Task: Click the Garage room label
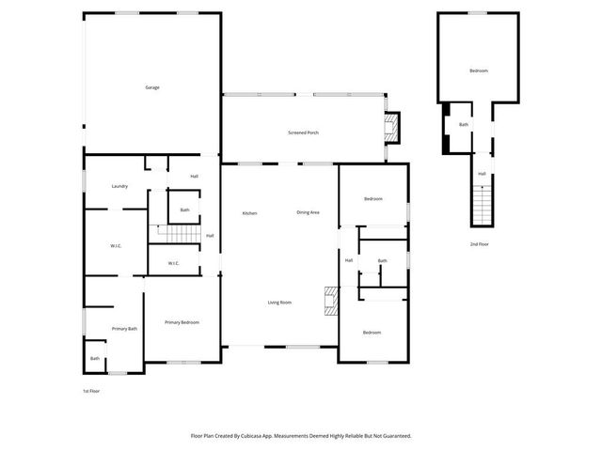(x=152, y=87)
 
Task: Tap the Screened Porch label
(x=303, y=132)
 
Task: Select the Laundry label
(x=119, y=186)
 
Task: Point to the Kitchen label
(x=250, y=213)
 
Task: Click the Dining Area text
(x=309, y=212)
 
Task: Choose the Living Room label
(x=279, y=303)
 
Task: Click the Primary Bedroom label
(x=182, y=322)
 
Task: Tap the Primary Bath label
(x=125, y=329)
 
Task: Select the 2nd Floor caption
(x=480, y=244)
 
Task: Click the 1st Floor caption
(x=92, y=390)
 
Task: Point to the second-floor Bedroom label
(x=479, y=70)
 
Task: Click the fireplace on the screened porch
(x=392, y=127)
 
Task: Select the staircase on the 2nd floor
(x=482, y=203)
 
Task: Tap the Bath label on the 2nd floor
(x=464, y=124)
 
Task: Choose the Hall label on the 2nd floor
(x=482, y=174)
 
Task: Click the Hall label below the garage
(x=195, y=177)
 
